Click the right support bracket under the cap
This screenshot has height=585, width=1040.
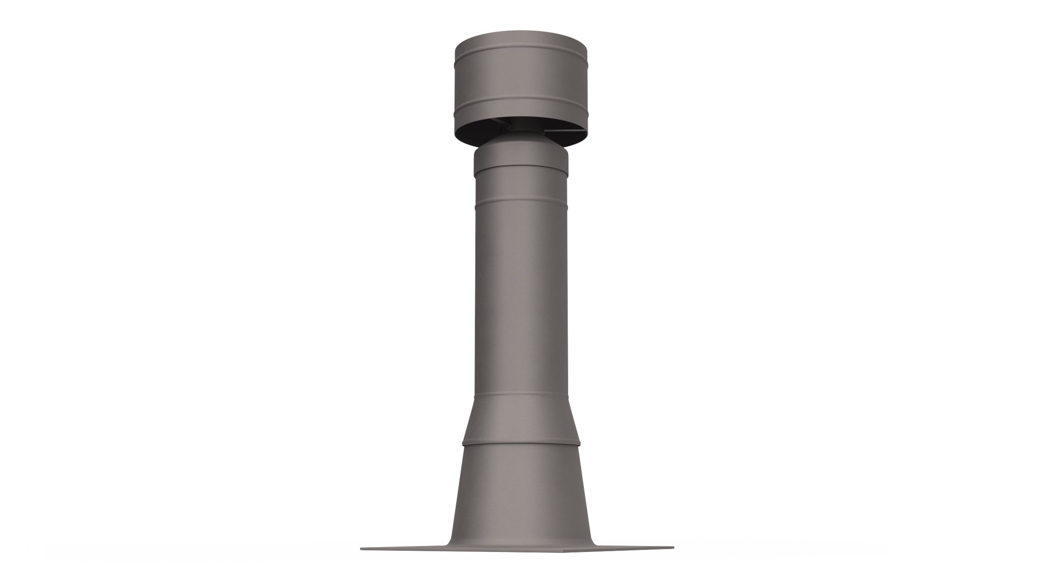click(x=563, y=131)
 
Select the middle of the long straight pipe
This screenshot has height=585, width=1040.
click(x=520, y=303)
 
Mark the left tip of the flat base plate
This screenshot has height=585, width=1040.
click(x=362, y=549)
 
